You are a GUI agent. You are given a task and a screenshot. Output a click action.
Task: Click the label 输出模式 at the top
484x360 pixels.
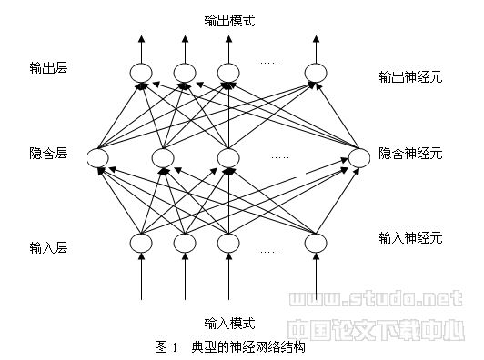[x=229, y=18]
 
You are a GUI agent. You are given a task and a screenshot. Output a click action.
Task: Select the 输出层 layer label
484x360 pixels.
[x=48, y=68]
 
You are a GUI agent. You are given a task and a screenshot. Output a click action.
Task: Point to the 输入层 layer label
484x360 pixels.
[x=48, y=245]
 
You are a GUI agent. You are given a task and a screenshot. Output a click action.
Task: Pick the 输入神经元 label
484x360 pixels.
[x=409, y=238]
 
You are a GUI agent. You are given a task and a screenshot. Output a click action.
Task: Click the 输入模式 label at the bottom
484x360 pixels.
[x=229, y=323]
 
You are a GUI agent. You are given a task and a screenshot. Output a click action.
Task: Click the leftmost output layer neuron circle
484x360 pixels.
[x=141, y=73]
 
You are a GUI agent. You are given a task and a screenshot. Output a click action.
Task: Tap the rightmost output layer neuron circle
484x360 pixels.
[x=316, y=73]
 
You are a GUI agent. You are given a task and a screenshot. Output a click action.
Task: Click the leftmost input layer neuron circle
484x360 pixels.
[x=141, y=243]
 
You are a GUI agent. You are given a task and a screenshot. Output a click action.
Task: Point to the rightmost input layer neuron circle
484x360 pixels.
[x=316, y=243]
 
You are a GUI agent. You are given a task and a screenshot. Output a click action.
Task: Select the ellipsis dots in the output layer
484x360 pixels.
[x=269, y=63]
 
